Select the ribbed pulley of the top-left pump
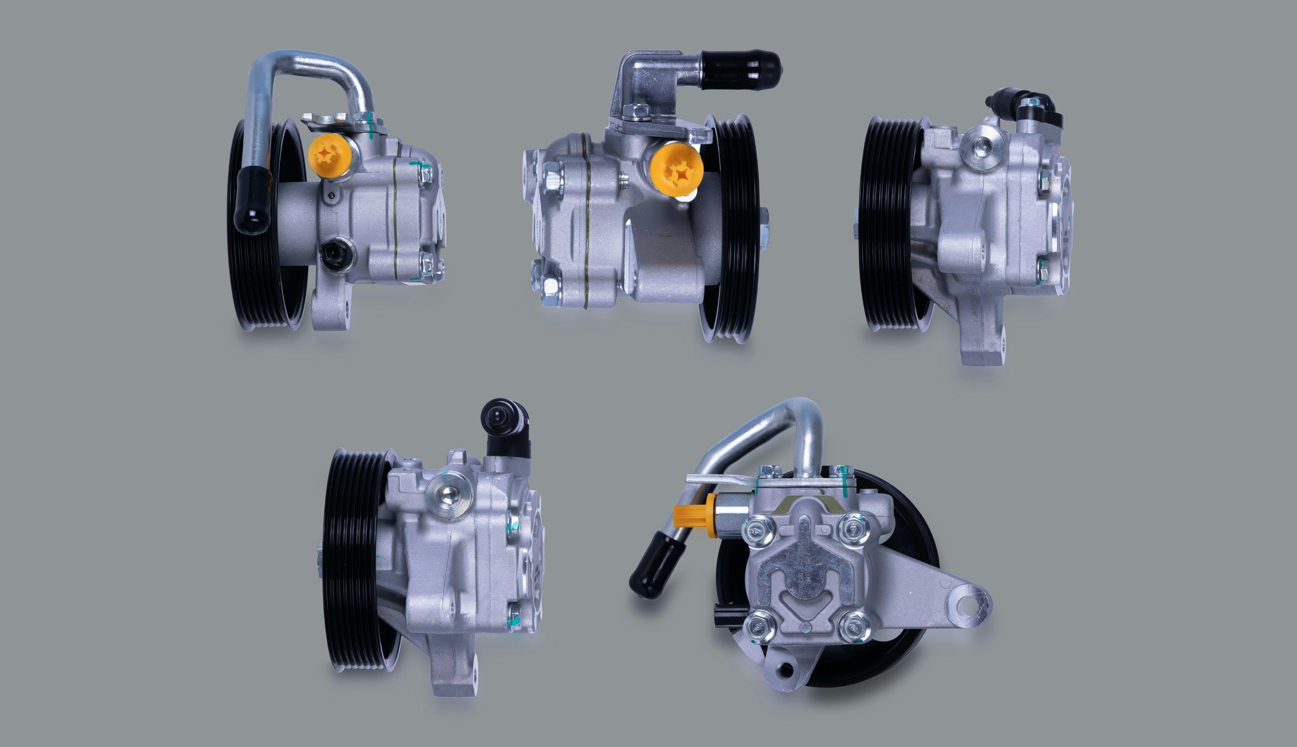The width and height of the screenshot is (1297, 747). point(267,226)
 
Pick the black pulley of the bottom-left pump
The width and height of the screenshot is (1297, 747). point(354,559)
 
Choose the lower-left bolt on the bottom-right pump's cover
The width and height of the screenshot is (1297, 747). point(757,627)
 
